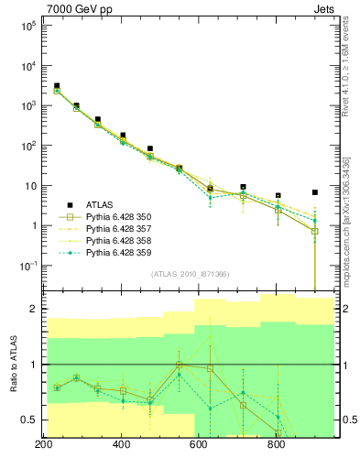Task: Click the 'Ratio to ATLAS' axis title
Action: click(13, 365)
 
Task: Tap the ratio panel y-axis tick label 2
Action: click(32, 310)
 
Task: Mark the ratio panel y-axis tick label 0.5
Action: click(28, 420)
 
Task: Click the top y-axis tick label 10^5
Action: click(27, 26)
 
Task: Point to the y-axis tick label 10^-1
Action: click(27, 266)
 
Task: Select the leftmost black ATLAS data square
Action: click(57, 86)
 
